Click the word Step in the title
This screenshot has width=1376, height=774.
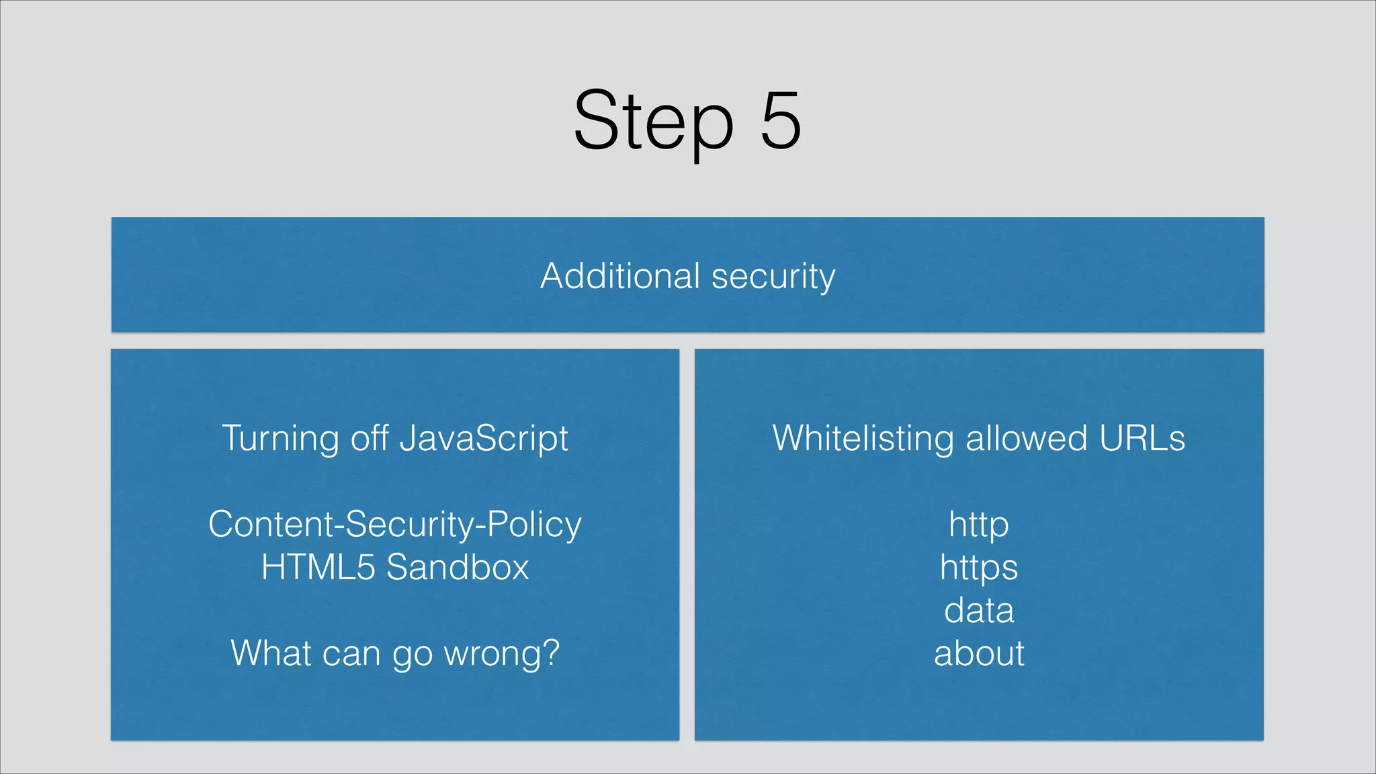pos(653,122)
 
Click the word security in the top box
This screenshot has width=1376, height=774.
pos(773,277)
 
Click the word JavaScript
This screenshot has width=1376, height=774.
pos(484,439)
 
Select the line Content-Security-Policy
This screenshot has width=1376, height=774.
pos(395,525)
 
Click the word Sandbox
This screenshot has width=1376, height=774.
pos(458,567)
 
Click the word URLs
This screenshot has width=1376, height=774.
pos(1142,438)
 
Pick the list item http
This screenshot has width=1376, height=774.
pos(979,525)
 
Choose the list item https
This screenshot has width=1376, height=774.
pos(979,568)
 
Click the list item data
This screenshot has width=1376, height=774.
pos(979,611)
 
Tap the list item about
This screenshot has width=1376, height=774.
pos(979,654)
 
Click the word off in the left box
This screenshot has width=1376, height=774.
pos(370,438)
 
